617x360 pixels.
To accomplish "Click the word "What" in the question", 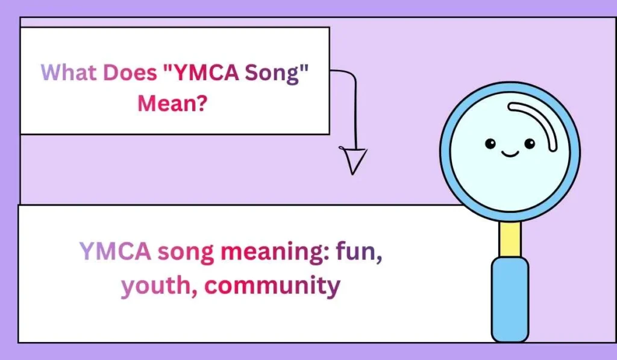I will pyautogui.click(x=67, y=73).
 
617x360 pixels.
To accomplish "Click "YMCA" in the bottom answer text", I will pyautogui.click(x=115, y=251).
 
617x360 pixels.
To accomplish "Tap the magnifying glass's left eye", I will pyautogui.click(x=490, y=144).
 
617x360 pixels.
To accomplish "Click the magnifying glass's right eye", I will pyautogui.click(x=530, y=144).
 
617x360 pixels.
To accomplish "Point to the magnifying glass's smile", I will pyautogui.click(x=510, y=154).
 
